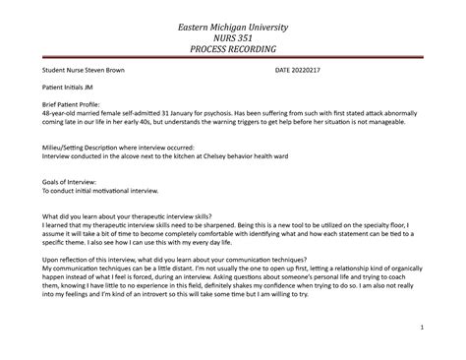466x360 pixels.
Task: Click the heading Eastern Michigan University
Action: point(233,21)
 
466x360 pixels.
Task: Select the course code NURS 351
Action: point(233,34)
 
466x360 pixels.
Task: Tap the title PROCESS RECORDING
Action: point(233,48)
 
